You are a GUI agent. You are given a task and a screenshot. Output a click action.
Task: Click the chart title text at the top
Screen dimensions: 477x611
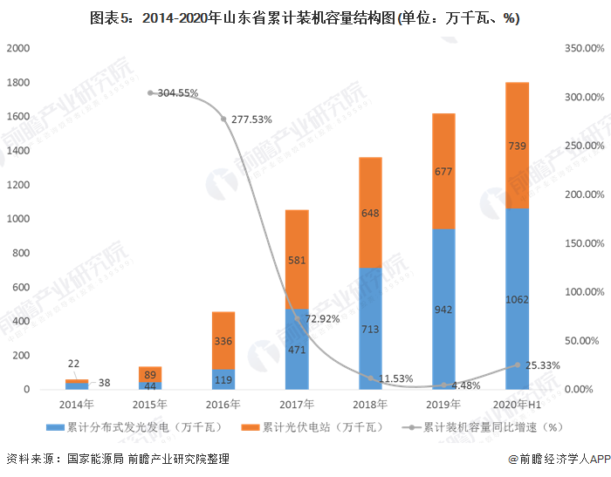point(305,17)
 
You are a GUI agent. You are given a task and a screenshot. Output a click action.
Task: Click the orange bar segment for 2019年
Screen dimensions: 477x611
point(443,171)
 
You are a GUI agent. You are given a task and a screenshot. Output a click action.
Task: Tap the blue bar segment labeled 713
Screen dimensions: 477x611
point(370,328)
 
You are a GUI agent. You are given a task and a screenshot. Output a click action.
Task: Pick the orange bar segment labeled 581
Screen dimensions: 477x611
point(297,259)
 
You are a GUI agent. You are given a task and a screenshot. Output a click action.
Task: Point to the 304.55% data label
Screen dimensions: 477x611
point(178,92)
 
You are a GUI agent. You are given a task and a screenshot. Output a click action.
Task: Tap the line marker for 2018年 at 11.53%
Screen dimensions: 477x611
point(370,378)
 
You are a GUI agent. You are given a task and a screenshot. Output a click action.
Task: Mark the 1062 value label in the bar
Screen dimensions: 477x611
point(517,300)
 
